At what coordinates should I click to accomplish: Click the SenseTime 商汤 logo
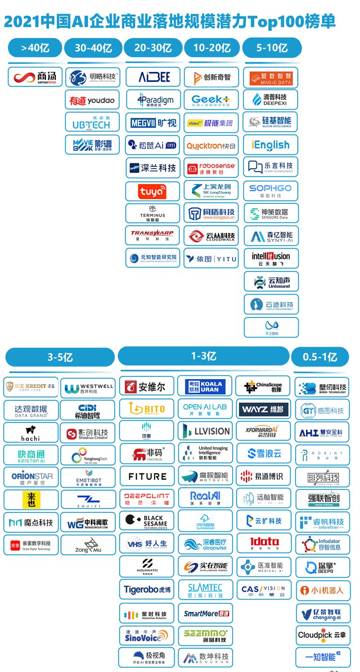click(x=35, y=77)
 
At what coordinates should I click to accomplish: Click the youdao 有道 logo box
click(x=92, y=100)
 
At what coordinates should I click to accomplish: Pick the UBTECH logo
click(x=92, y=122)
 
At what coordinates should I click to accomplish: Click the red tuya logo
click(x=153, y=191)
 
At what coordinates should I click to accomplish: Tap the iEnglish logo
click(x=271, y=145)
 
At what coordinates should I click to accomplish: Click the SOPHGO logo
click(x=271, y=190)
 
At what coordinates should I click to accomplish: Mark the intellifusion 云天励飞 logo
click(x=271, y=259)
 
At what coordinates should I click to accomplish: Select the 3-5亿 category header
click(x=60, y=357)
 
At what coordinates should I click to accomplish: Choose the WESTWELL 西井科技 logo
click(x=88, y=388)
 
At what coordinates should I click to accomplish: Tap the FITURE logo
click(x=147, y=476)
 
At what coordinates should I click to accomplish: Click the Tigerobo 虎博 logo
click(x=147, y=588)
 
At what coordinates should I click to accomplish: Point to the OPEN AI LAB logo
click(x=205, y=409)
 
